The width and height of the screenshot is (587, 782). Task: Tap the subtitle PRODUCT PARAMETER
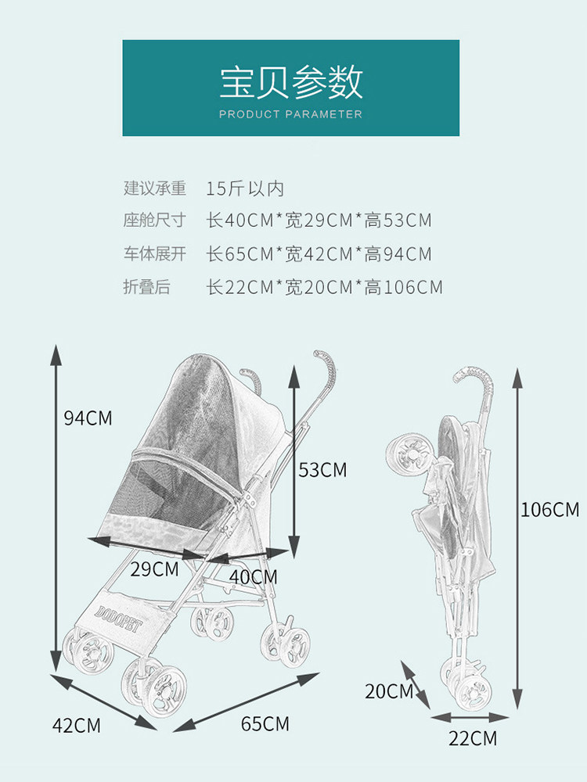tap(290, 114)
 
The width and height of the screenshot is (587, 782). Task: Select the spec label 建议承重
tap(154, 188)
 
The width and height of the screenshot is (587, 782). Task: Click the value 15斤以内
tap(245, 188)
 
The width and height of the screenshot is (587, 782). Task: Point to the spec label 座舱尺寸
tap(154, 221)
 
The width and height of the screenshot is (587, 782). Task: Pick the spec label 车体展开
tap(154, 254)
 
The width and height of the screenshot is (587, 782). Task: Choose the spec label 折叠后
tap(146, 287)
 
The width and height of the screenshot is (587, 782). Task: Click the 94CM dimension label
tap(88, 418)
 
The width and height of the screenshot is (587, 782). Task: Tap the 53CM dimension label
tap(322, 470)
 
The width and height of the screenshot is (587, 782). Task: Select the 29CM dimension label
tap(154, 569)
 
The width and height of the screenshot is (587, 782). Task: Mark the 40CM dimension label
tap(253, 577)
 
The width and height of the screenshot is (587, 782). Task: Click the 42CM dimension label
tap(76, 726)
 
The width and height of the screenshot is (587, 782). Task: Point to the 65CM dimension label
tap(265, 724)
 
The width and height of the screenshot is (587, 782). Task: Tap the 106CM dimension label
tap(550, 510)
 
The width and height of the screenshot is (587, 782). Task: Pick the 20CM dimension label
tap(388, 691)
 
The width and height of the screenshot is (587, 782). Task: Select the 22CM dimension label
tap(473, 737)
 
